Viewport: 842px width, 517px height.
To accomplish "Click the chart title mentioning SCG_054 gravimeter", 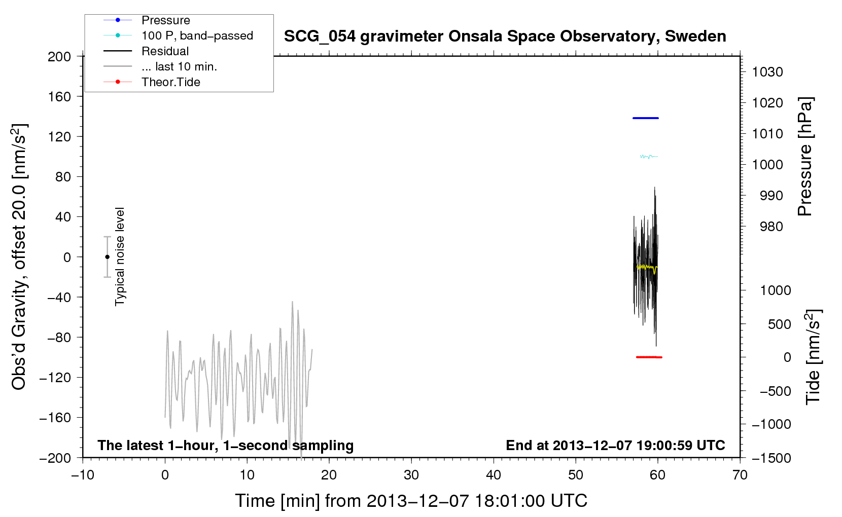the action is pyautogui.click(x=505, y=36).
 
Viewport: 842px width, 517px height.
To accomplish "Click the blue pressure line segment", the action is pyautogui.click(x=645, y=118).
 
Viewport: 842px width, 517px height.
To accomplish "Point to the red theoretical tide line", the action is pyautogui.click(x=649, y=357).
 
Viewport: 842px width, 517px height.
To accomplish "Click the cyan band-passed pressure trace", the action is pyautogui.click(x=649, y=156).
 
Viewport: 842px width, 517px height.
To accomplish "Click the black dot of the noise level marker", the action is pyautogui.click(x=107, y=257).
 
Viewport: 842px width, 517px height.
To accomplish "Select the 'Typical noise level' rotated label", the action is pyautogui.click(x=120, y=256).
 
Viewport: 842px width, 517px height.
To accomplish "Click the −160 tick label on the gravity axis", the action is pyautogui.click(x=55, y=418).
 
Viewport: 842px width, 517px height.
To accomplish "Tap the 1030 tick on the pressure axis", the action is pyautogui.click(x=767, y=72).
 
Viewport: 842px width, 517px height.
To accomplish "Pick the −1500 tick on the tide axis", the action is pyautogui.click(x=771, y=458).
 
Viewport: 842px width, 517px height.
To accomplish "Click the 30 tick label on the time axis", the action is pyautogui.click(x=411, y=475).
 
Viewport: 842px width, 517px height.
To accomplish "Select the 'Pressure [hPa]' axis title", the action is pyautogui.click(x=805, y=157).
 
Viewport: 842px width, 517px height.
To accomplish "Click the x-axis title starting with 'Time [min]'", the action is pyautogui.click(x=411, y=501).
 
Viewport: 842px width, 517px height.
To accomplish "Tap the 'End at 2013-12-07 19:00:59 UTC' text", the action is pyautogui.click(x=615, y=445).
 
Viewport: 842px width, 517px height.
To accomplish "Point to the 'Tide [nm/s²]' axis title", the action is pyautogui.click(x=813, y=357).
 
